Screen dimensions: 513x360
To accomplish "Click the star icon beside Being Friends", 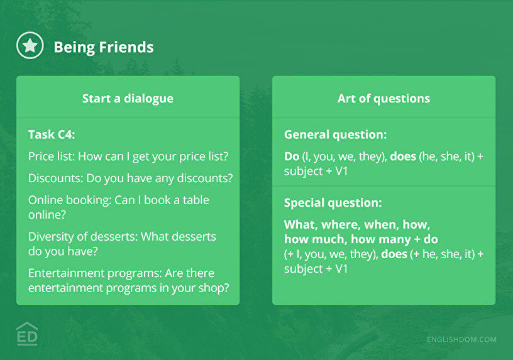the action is (30, 45).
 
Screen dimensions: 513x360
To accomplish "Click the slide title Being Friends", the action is (104, 47).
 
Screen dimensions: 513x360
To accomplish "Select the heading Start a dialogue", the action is (128, 99).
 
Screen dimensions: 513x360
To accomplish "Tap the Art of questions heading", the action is (383, 99).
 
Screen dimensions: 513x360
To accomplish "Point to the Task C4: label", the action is (52, 134).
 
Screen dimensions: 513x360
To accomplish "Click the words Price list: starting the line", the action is (52, 156).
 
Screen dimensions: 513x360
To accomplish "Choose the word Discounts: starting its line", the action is (55, 178).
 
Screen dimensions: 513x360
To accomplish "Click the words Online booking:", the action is (70, 200).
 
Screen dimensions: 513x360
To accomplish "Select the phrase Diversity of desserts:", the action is (83, 236).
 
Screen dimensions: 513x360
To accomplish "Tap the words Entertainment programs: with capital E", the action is (95, 273).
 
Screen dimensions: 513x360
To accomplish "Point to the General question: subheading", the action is (336, 134).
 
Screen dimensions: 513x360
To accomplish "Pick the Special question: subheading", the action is (333, 203).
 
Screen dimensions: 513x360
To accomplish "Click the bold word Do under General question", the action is (292, 156).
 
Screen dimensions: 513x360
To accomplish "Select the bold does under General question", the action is (403, 156).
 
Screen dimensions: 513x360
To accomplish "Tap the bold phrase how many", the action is (381, 239).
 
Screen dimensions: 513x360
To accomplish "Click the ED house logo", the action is (27, 334).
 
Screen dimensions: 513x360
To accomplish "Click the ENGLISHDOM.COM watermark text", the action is (461, 340).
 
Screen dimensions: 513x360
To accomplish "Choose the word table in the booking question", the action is (196, 200).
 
